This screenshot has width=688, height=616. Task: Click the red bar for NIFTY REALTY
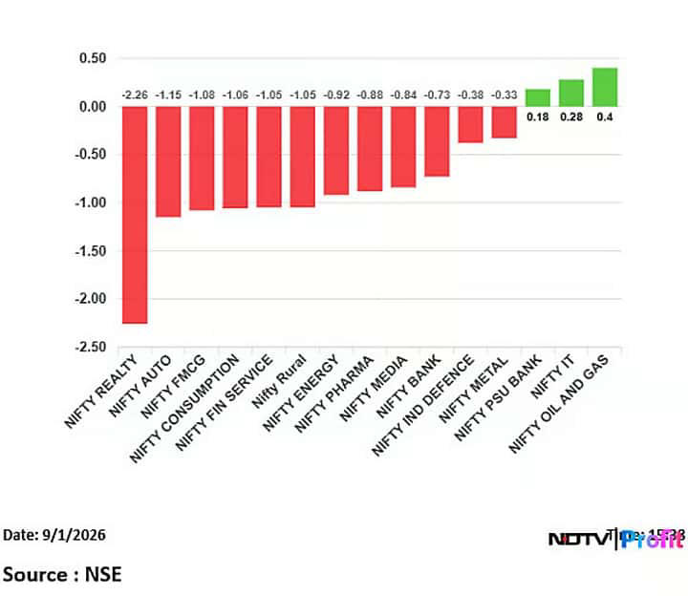pyautogui.click(x=134, y=215)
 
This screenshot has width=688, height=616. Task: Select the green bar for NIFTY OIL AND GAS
pyautogui.click(x=605, y=87)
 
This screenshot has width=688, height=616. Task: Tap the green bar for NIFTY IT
pyautogui.click(x=571, y=93)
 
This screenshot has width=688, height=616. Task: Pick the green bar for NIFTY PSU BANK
pyautogui.click(x=538, y=97)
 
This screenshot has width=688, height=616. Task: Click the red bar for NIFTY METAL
pyautogui.click(x=504, y=122)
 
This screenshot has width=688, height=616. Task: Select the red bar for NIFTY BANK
pyautogui.click(x=437, y=141)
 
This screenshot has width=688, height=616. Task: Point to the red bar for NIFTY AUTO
pyautogui.click(x=168, y=161)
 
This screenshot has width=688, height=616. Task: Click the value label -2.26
pyautogui.click(x=134, y=95)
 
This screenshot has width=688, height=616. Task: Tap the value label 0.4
pyautogui.click(x=606, y=117)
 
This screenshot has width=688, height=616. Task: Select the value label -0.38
pyautogui.click(x=470, y=95)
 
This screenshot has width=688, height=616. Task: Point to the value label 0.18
pyautogui.click(x=538, y=117)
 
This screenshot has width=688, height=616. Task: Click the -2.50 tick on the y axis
pyautogui.click(x=92, y=347)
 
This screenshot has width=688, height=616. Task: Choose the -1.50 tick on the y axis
pyautogui.click(x=92, y=250)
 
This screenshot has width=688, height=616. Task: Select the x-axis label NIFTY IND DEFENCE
pyautogui.click(x=435, y=403)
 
